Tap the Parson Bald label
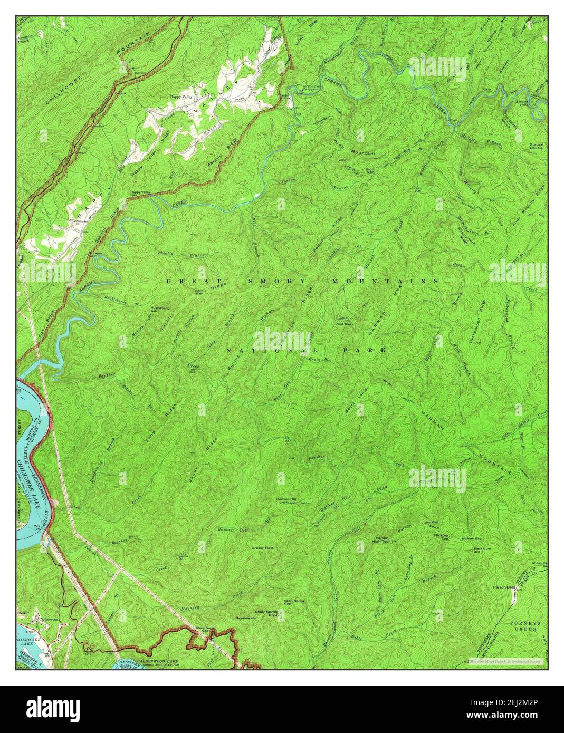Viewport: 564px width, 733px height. (x=503, y=586)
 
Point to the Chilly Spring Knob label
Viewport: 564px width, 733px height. (x=266, y=613)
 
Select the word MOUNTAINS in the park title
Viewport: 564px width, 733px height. (x=385, y=282)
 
